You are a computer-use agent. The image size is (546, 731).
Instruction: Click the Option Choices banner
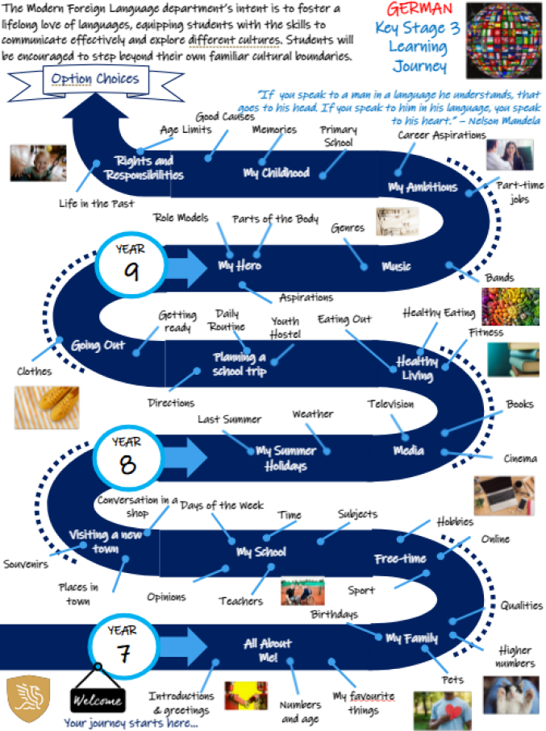pos(94,79)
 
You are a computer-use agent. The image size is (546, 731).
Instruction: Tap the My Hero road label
pos(240,266)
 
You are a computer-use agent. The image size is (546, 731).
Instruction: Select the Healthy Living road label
pos(416,368)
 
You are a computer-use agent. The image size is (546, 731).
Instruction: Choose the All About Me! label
pos(268,650)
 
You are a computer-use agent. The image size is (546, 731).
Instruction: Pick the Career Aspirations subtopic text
pos(441,135)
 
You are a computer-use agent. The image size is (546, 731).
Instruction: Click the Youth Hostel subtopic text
pos(286,327)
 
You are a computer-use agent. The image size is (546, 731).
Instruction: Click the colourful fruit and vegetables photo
pos(510,306)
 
